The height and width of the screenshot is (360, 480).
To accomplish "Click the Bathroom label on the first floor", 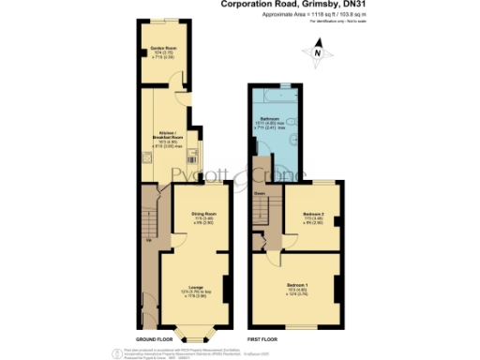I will [x=272, y=121].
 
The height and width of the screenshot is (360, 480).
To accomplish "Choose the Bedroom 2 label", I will [x=313, y=217].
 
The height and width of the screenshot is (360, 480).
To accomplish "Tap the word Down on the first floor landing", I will [x=258, y=195].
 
